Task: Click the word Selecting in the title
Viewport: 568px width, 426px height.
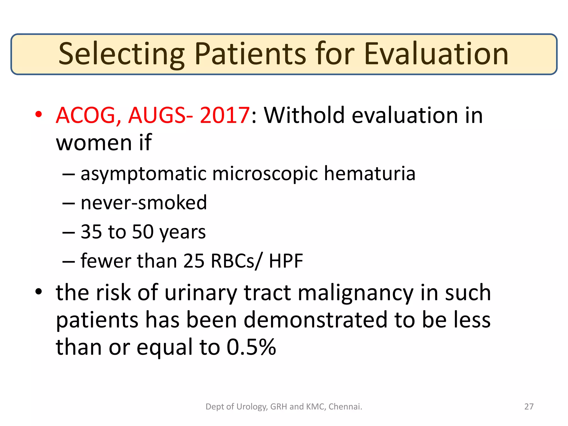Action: pyautogui.click(x=121, y=54)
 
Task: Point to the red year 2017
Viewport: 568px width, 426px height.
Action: pyautogui.click(x=225, y=115)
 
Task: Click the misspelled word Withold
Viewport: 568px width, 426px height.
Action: pyautogui.click(x=304, y=115)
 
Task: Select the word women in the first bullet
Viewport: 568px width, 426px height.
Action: pyautogui.click(x=94, y=143)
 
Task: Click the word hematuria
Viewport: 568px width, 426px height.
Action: pyautogui.click(x=370, y=174)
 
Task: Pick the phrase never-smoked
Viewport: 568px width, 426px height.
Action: pyautogui.click(x=144, y=202)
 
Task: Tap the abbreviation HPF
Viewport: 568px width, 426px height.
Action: pyautogui.click(x=286, y=261)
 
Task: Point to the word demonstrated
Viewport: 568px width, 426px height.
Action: pyautogui.click(x=316, y=320)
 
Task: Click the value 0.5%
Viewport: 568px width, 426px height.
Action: pyautogui.click(x=251, y=347)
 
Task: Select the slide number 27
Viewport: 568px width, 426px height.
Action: pyautogui.click(x=529, y=407)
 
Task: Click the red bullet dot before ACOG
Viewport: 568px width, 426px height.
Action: pyautogui.click(x=39, y=114)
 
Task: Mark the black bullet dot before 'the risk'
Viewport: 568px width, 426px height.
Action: pyautogui.click(x=39, y=292)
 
